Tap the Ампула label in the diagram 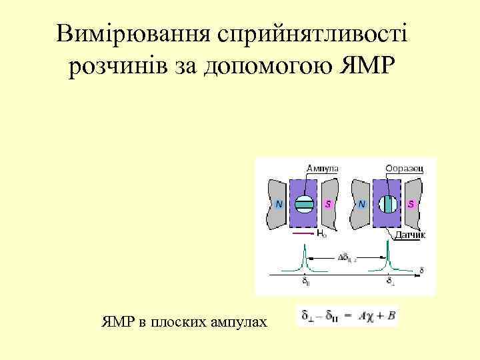pos(321,168)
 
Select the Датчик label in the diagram pos(410,235)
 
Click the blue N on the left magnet pos(278,203)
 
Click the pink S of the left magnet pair pos(328,203)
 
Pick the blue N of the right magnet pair pos(361,203)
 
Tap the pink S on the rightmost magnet pos(411,203)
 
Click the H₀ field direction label pos(321,235)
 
